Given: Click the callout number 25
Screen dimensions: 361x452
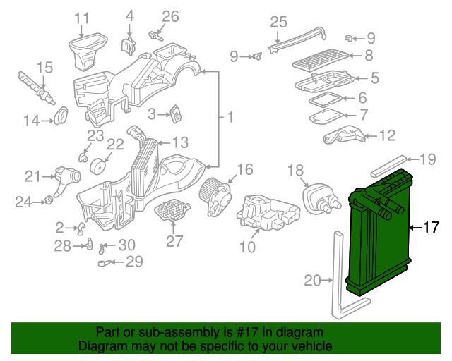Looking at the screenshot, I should point(278,22).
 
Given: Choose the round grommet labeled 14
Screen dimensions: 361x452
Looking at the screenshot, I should point(61,115).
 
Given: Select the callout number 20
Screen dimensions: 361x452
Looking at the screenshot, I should point(312,281).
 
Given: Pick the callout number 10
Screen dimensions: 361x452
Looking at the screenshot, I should point(247,247).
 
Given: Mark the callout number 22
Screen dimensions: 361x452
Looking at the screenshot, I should point(115,144).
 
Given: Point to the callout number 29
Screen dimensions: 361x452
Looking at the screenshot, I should point(134,262).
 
